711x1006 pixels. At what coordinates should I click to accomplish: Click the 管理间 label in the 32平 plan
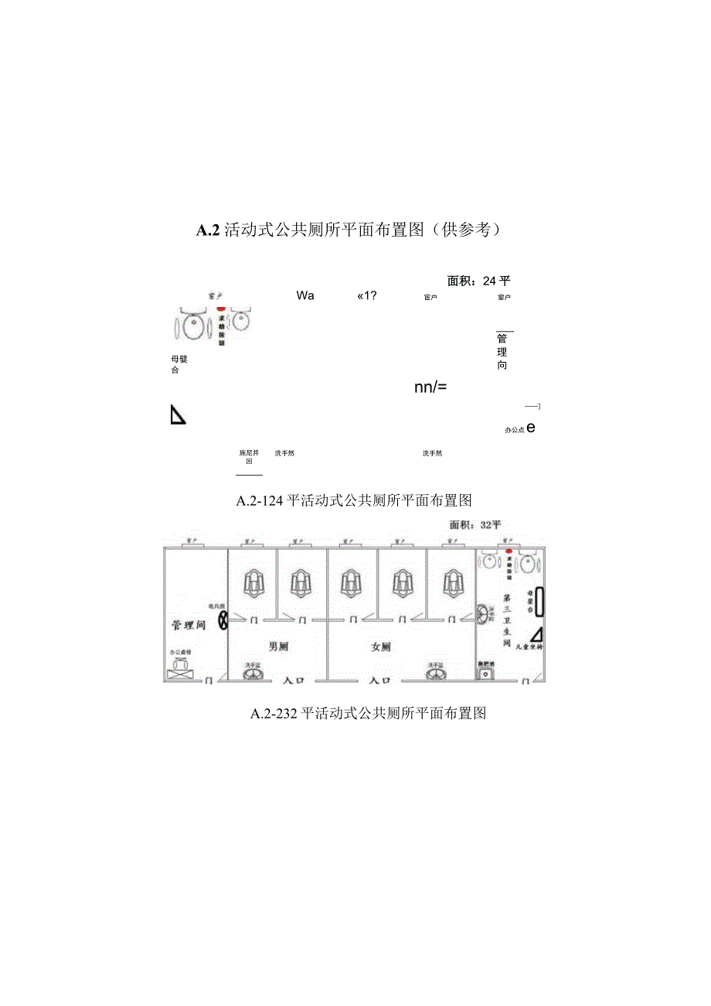tap(188, 625)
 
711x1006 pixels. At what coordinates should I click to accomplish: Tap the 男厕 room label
tap(277, 646)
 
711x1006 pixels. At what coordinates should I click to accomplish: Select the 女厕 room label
tap(381, 647)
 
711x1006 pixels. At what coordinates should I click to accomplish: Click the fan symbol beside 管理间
tap(223, 620)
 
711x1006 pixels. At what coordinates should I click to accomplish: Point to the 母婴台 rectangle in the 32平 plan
tap(540, 602)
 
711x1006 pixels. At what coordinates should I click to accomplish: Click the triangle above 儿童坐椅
tap(536, 634)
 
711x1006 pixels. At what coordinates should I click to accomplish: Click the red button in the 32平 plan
tap(509, 552)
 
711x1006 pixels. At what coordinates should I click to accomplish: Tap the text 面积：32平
tap(475, 524)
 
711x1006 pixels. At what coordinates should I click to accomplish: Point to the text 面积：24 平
tap(478, 281)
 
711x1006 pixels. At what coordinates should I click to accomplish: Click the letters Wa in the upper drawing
tap(304, 295)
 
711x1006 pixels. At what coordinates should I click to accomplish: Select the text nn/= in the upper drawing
tap(430, 387)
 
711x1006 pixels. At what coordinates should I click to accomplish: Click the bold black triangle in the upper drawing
tap(177, 415)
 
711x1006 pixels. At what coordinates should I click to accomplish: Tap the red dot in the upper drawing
tap(221, 308)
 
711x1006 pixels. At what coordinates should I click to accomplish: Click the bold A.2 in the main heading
tap(208, 230)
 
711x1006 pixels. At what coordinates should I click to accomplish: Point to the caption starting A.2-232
tap(368, 714)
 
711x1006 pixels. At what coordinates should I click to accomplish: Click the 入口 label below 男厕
tap(294, 681)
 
